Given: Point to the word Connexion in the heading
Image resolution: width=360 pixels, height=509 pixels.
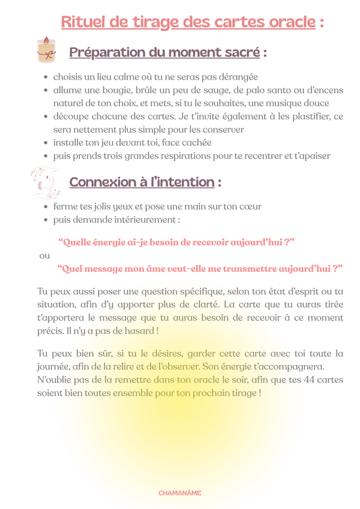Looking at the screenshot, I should [100, 182].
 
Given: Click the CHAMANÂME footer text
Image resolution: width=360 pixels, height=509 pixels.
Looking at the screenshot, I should [180, 493].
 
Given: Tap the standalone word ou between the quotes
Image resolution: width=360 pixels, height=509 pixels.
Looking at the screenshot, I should [44, 256].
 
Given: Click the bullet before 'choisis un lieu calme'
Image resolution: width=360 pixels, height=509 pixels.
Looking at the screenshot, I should [46, 77].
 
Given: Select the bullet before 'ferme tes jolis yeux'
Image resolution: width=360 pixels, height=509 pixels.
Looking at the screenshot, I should [46, 206].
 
